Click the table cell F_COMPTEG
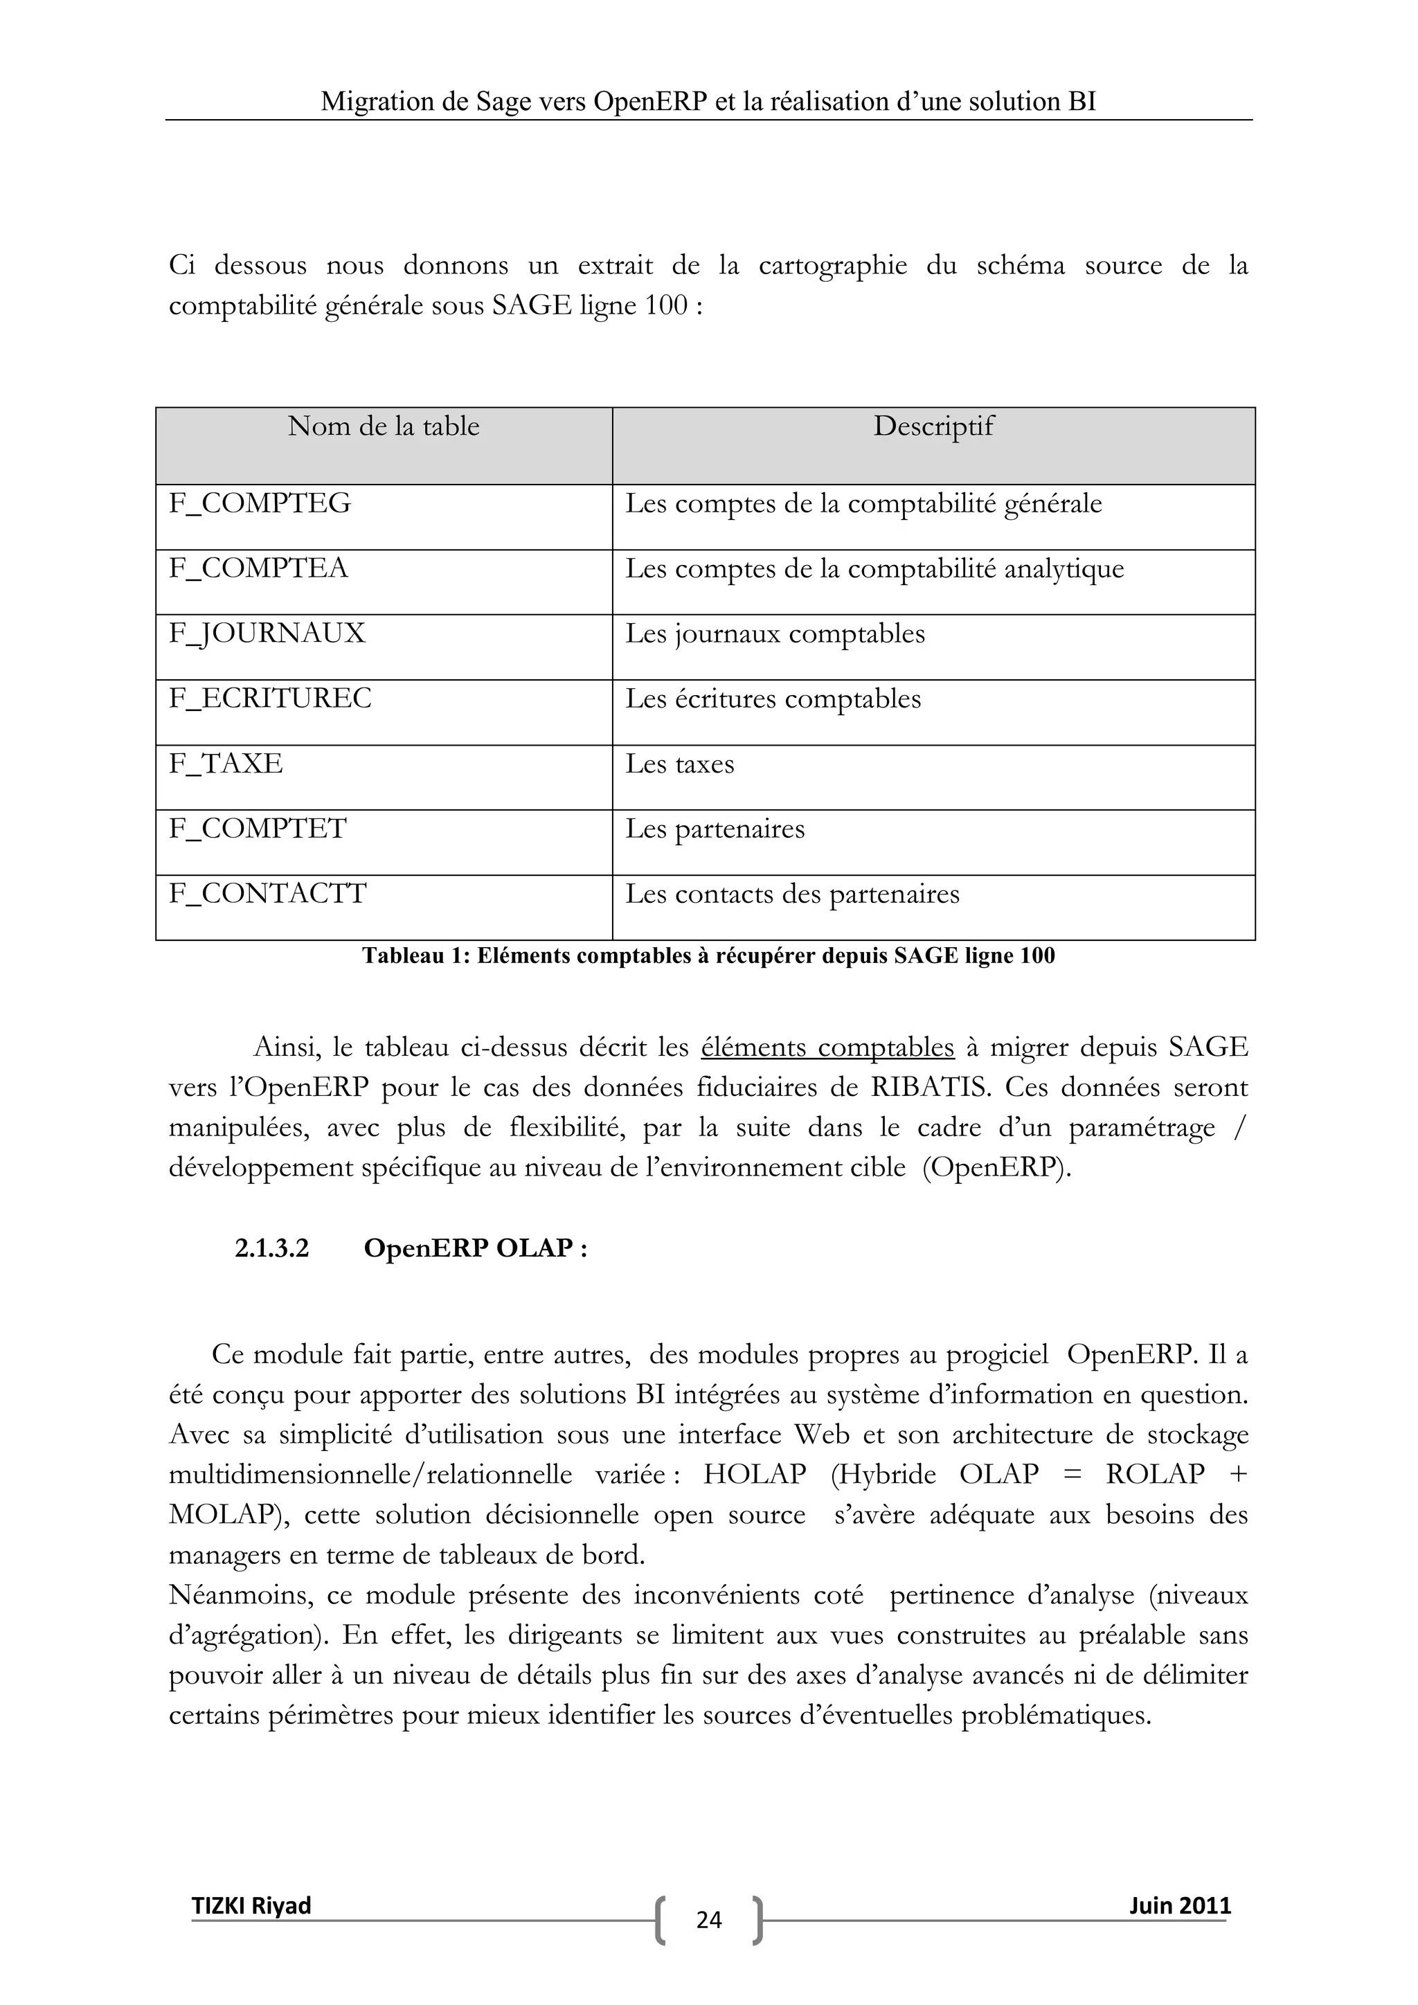coord(260,504)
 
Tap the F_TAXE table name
coord(226,764)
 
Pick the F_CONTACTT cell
coord(268,894)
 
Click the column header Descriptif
coord(933,427)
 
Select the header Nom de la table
coord(384,427)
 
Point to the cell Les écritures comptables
coord(773,699)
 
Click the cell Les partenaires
coord(715,829)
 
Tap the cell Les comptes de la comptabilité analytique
coord(874,569)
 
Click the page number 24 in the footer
coord(709,1918)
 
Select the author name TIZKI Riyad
coord(251,1905)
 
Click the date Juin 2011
coord(1180,1905)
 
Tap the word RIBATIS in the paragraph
coord(928,1088)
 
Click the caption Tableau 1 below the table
coord(708,956)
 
